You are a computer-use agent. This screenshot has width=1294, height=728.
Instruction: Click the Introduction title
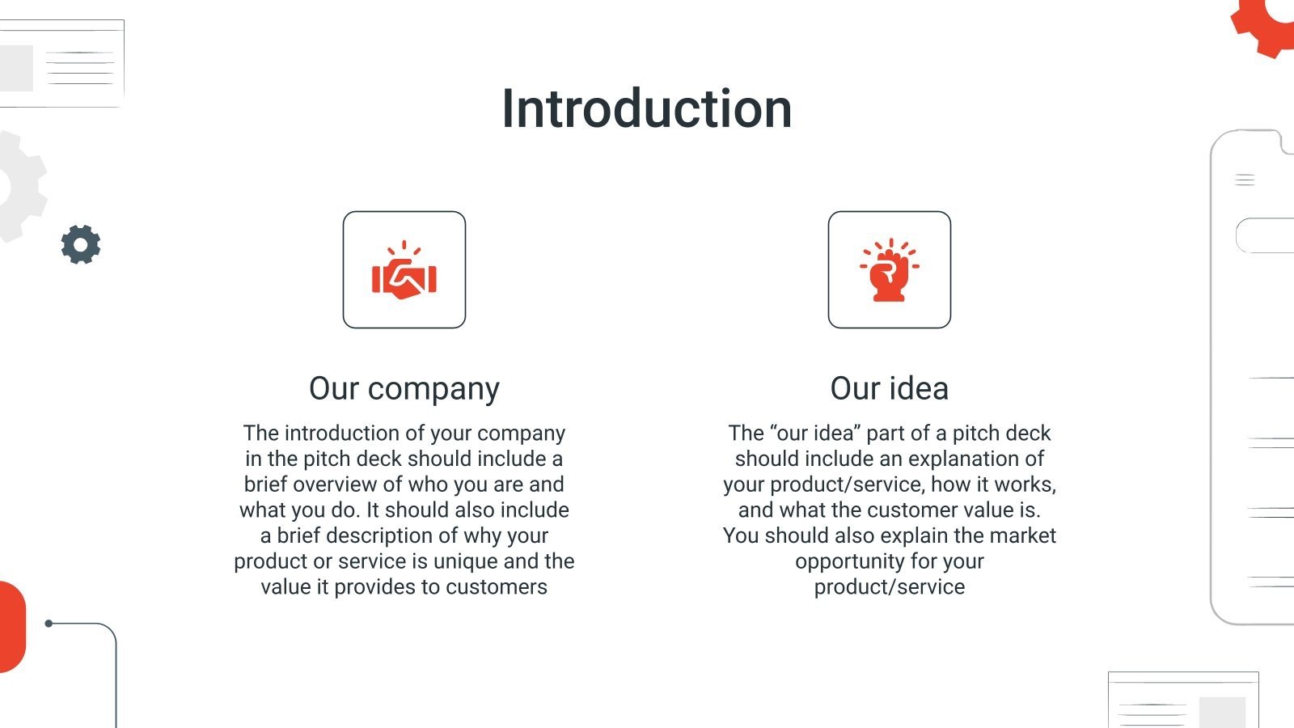646,108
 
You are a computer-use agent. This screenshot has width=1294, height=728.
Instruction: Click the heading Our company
404,388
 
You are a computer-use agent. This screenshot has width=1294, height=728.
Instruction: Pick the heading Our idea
889,388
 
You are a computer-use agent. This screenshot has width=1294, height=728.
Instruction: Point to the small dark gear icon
81,244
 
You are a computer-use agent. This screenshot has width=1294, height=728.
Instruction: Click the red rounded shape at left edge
11,627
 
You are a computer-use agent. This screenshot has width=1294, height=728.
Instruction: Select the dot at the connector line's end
49,624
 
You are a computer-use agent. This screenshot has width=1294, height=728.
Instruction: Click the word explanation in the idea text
979,459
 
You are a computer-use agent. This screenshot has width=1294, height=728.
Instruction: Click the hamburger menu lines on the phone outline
1245,180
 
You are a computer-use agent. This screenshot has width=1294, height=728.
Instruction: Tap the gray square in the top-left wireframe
16,68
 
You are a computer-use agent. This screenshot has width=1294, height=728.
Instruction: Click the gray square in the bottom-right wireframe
1222,712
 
